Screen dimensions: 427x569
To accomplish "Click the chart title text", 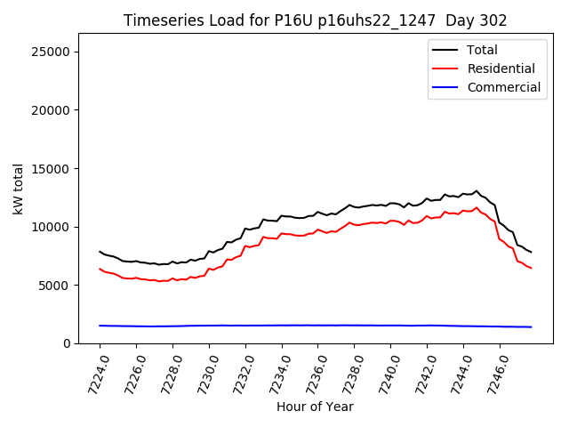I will tap(315, 20).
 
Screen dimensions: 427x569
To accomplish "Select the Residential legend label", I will tap(501, 68).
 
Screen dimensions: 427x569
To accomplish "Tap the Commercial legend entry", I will tap(503, 87).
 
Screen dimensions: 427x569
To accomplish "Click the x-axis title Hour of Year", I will tap(315, 407).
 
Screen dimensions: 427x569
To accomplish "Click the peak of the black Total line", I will tap(477, 190).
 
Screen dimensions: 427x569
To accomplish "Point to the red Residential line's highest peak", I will tap(477, 207).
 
